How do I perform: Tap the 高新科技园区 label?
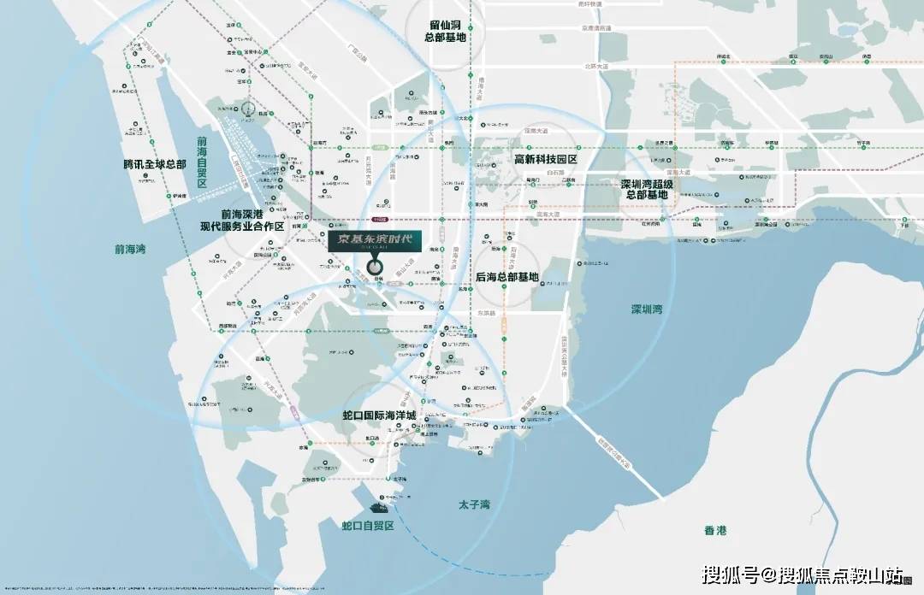coord(545,159)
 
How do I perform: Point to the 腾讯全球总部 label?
coord(154,163)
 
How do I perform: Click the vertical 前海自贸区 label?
coord(202,162)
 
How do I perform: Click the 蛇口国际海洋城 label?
coord(378,415)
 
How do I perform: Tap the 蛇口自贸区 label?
coord(367,526)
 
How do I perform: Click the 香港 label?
coord(715,531)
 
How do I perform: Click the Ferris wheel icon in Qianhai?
coord(247,109)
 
